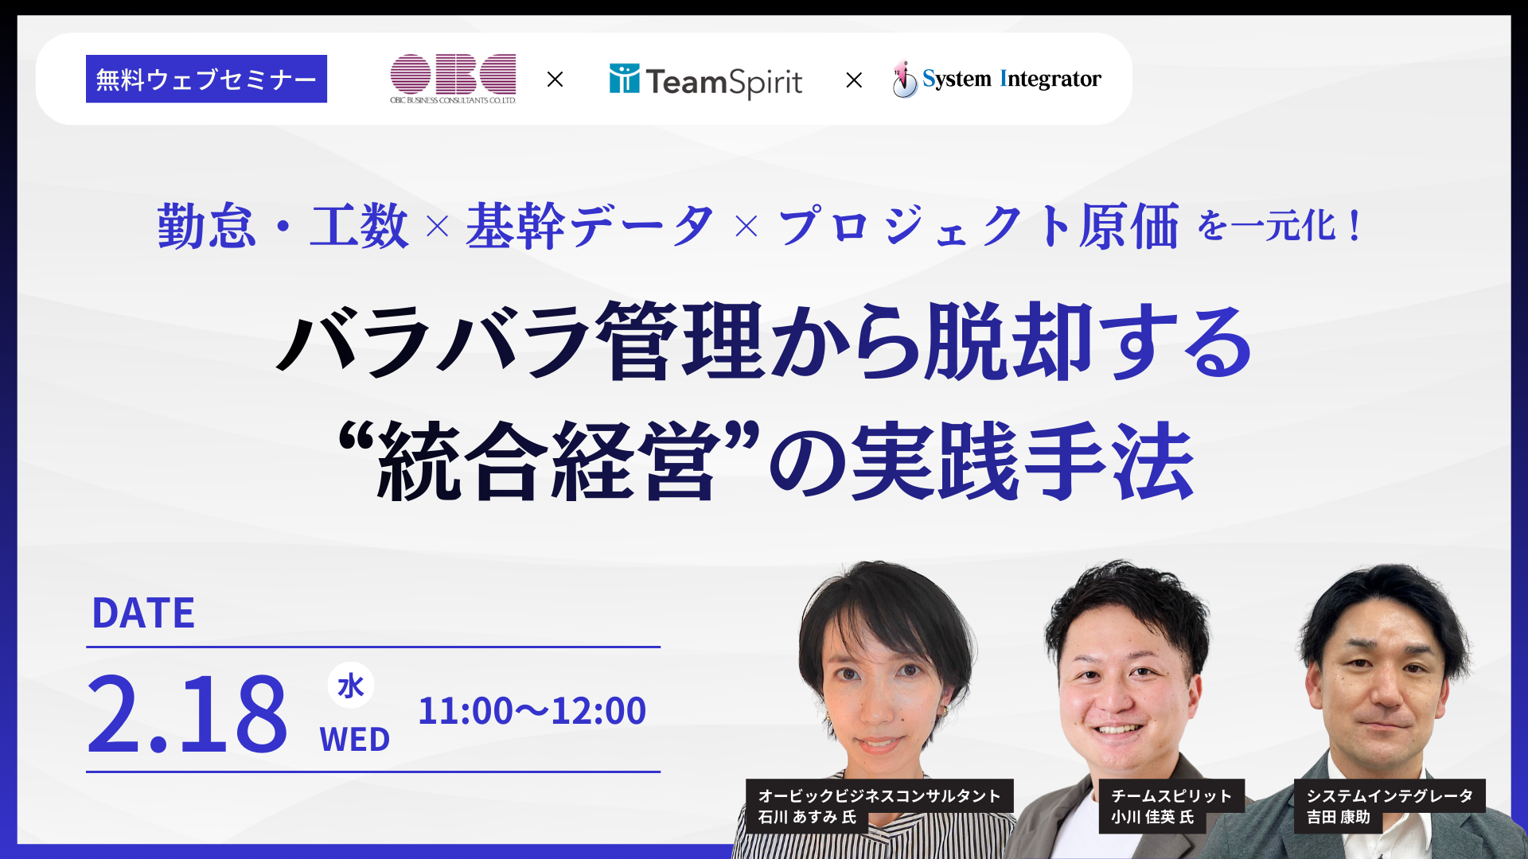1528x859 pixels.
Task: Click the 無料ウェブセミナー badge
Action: pos(206,79)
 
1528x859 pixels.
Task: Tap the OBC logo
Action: pos(453,78)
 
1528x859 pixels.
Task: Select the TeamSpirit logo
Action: pos(706,80)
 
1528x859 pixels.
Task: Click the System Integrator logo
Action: pos(997,79)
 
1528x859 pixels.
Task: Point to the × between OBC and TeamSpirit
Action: pos(555,80)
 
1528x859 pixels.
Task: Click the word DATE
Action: pos(143,613)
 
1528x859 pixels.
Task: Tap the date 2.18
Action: pos(187,713)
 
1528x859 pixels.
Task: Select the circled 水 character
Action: pos(351,685)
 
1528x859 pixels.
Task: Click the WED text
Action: pos(355,740)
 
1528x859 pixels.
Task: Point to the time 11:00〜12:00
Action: pos(532,710)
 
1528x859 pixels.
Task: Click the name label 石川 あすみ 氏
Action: pos(807,817)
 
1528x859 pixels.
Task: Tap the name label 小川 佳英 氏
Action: pos(1152,817)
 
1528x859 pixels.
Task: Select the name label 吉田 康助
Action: pos(1339,817)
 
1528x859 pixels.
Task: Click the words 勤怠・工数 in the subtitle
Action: pos(283,227)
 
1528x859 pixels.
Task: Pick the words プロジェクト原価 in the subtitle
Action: pos(978,227)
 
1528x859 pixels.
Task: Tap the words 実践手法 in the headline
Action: pos(1023,461)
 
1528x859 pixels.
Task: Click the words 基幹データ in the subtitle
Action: pos(590,227)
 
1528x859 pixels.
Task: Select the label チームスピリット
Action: pos(1171,795)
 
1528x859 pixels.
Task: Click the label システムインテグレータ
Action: pos(1390,795)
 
